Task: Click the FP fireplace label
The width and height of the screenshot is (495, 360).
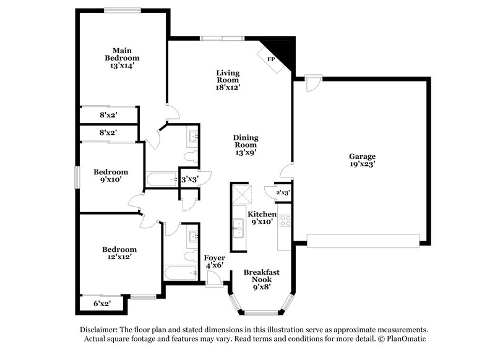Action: tap(270, 59)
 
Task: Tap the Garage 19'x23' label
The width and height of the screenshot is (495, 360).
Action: tap(362, 161)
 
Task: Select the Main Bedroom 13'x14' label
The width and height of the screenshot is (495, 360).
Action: tap(121, 58)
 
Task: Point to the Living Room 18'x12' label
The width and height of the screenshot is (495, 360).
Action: tap(227, 80)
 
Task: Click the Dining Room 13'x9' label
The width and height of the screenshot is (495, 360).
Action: tap(246, 145)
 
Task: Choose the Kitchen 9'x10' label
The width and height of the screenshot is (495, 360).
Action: tap(262, 218)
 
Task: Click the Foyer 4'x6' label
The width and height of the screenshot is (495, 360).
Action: tap(214, 261)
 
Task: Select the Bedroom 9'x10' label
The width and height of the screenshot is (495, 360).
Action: tap(111, 176)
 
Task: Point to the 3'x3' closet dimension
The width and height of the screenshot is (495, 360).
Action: tap(189, 179)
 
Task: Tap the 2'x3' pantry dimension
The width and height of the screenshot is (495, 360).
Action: tap(283, 193)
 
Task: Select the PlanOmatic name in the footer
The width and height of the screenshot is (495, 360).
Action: tap(405, 339)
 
